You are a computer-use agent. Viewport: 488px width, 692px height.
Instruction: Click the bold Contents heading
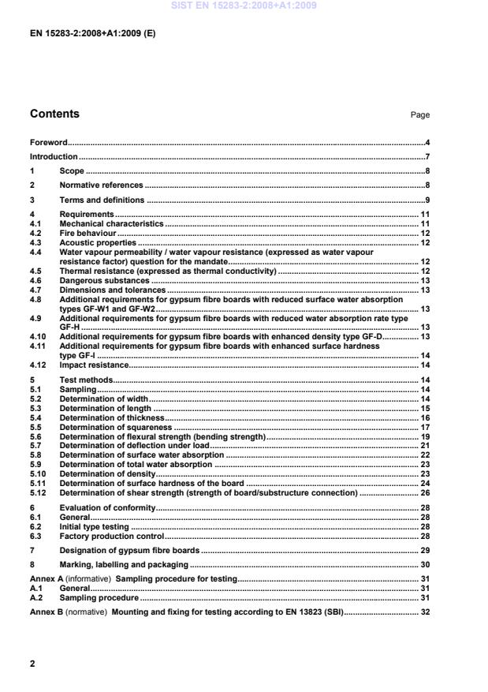click(54, 114)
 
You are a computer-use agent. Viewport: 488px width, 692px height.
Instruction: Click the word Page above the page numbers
click(420, 115)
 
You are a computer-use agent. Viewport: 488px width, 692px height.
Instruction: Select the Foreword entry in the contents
click(48, 143)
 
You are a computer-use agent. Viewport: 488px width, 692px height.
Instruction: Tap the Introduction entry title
click(54, 157)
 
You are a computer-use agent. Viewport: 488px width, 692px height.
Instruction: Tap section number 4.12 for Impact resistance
click(38, 365)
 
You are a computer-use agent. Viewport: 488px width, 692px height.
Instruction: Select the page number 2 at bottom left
click(32, 664)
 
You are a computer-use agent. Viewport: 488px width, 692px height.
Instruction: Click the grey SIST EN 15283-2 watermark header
click(244, 6)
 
